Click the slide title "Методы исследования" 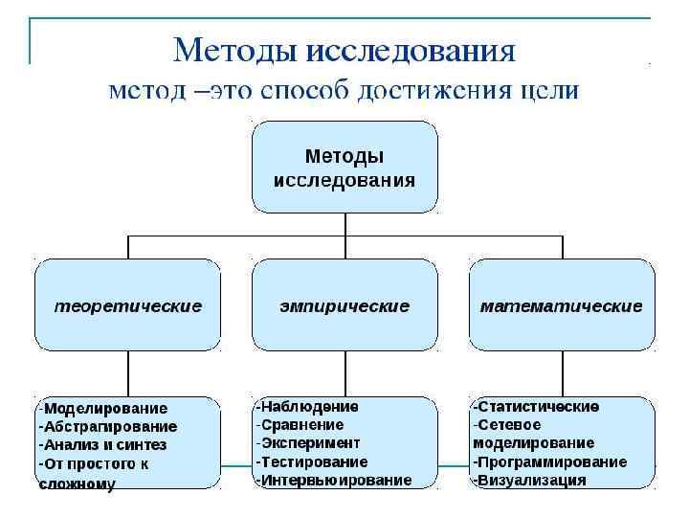tap(344, 50)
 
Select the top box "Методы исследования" tap(344, 167)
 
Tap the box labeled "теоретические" tap(127, 306)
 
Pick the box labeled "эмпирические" tap(344, 306)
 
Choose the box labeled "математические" tap(562, 306)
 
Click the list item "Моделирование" tap(105, 408)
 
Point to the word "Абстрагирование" tap(111, 426)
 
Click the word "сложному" tap(77, 484)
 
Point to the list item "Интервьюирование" tap(335, 480)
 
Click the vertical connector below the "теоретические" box tap(127, 373)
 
